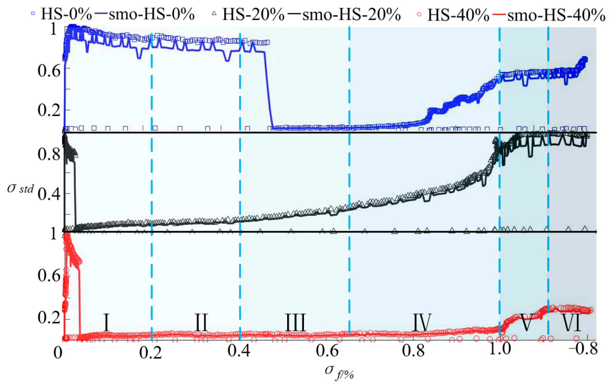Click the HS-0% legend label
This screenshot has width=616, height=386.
[x=66, y=14]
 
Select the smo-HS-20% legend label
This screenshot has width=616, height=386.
[x=351, y=14]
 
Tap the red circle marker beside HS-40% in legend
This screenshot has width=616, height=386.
[x=419, y=14]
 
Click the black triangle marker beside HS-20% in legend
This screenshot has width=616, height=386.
[x=214, y=13]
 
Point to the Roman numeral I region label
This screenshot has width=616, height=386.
[x=106, y=323]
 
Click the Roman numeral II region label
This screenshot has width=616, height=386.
[x=201, y=323]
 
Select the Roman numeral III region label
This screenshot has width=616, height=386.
[x=295, y=323]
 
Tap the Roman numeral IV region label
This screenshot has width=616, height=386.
[x=422, y=323]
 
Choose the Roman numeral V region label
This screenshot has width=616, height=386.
[x=527, y=323]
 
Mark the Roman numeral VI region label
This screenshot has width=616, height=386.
[x=571, y=323]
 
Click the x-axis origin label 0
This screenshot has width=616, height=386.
[x=58, y=353]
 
